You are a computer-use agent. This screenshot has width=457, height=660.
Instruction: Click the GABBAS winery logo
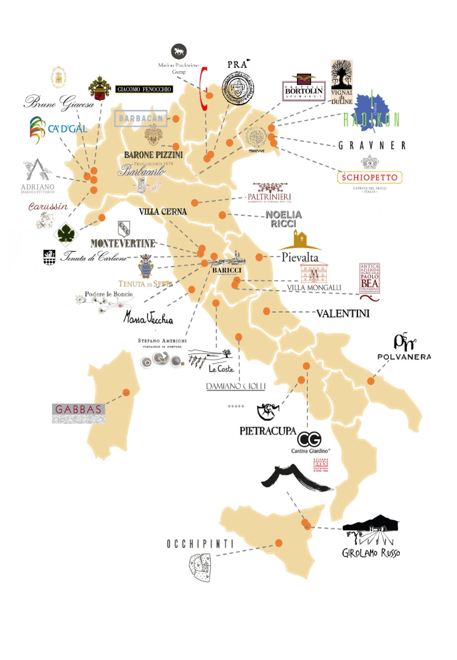tap(79, 413)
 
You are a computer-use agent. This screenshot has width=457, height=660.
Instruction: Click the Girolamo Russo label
tap(371, 552)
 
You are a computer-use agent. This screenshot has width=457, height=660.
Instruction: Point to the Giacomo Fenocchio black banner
tap(144, 89)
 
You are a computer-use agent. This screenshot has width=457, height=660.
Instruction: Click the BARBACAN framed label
tap(140, 118)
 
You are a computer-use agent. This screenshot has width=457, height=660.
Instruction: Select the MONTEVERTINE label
tap(123, 243)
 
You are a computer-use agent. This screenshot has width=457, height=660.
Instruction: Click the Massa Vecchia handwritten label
tap(149, 317)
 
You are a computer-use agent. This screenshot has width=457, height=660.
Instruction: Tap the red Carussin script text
tap(47, 206)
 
